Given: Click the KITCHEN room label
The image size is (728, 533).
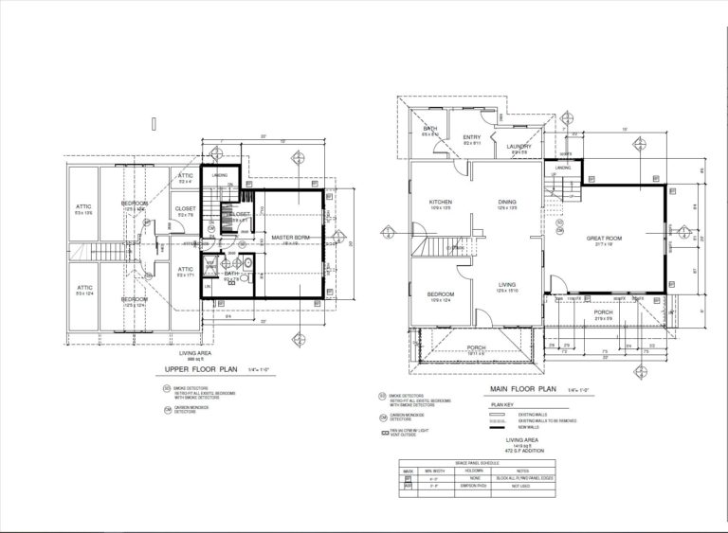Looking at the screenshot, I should coord(440,202).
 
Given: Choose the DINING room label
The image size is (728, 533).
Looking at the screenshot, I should coord(507,202).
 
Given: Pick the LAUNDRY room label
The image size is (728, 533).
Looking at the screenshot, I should coord(519,146).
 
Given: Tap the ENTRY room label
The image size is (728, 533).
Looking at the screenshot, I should coord(472,137).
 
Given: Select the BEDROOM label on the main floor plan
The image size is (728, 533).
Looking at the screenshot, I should coord(440,294).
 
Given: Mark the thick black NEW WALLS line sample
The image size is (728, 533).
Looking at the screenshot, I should coord(500,427).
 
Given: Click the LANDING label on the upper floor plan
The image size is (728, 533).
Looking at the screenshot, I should coord(219,174).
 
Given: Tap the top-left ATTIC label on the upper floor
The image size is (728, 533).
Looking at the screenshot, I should coord(83,208).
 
